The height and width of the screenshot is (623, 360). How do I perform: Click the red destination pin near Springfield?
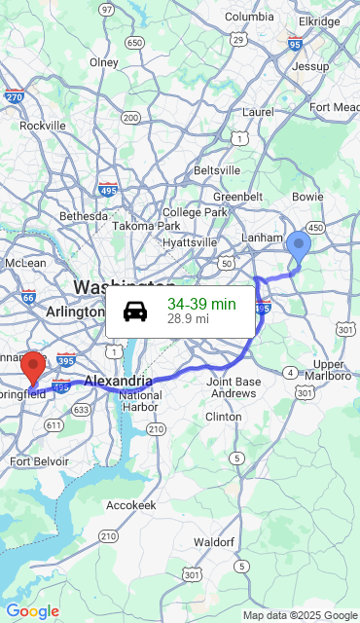[x=33, y=368]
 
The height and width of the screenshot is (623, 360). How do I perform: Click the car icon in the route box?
[x=135, y=311]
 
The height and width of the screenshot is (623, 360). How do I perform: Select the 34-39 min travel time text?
[x=201, y=304]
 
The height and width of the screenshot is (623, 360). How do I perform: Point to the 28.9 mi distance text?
[x=188, y=318]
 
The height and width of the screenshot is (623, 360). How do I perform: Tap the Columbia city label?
[x=249, y=17]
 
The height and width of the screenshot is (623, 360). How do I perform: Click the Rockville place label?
[x=43, y=126]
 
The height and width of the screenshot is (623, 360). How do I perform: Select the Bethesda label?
[x=84, y=215]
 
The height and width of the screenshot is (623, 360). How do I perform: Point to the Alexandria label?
[x=119, y=381]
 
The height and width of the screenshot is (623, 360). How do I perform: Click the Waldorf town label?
[x=214, y=541]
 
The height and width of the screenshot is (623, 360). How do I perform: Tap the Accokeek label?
[x=131, y=505]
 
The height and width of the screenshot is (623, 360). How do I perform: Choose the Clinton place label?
[x=224, y=417]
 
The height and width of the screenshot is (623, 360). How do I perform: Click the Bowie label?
[x=307, y=197]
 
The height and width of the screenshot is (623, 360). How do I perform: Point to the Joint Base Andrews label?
[x=234, y=387]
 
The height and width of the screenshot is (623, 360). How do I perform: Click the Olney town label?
[x=104, y=62]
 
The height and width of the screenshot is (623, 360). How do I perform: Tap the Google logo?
[x=32, y=611]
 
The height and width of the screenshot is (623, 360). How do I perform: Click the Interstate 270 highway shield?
[x=14, y=97]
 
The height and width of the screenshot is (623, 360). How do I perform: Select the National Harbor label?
[x=141, y=401]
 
